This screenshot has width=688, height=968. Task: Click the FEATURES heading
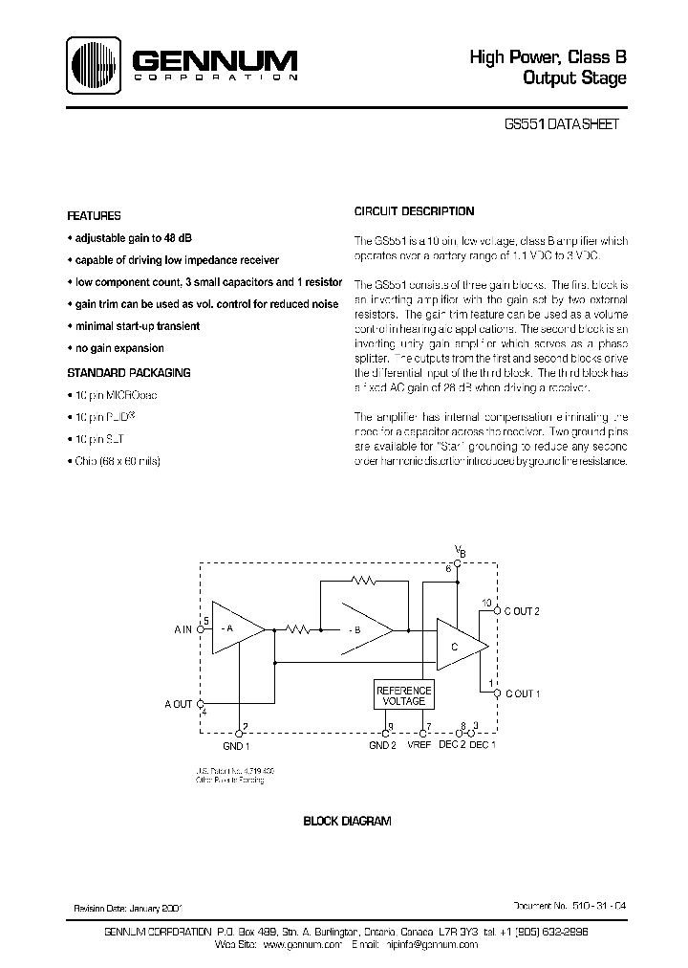(x=94, y=216)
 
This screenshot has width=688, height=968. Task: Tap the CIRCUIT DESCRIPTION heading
(x=414, y=211)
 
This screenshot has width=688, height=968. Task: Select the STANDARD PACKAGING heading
(x=128, y=372)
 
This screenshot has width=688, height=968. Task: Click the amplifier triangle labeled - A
(x=234, y=628)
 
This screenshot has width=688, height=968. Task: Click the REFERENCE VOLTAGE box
(x=403, y=695)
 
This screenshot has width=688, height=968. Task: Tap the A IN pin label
(x=183, y=628)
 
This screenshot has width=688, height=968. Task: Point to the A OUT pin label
(x=178, y=703)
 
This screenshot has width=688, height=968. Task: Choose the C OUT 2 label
(x=522, y=611)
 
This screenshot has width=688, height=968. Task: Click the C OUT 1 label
(x=522, y=693)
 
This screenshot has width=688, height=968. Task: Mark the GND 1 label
(x=236, y=745)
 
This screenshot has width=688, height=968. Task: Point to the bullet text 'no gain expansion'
(x=118, y=348)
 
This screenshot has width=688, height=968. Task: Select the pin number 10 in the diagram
(x=486, y=604)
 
